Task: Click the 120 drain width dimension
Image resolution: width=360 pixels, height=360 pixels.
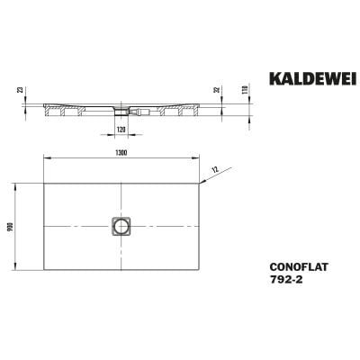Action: coord(121,129)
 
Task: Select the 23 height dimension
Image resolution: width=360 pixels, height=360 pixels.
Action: coord(19,90)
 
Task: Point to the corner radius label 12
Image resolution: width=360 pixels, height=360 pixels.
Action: coord(214,170)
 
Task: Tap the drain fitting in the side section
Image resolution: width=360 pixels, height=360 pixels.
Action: coord(121,112)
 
